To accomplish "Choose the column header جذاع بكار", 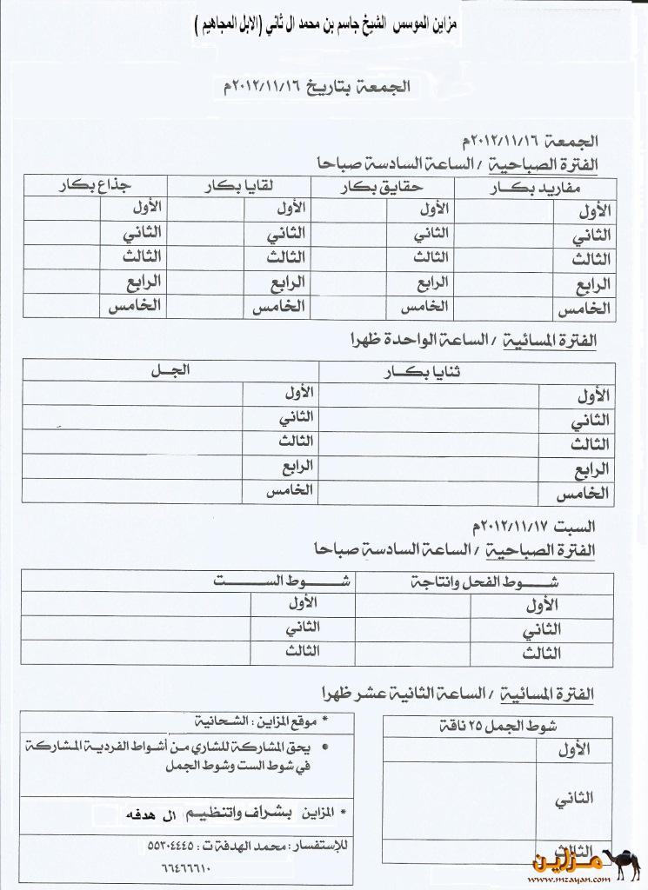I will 93,184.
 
